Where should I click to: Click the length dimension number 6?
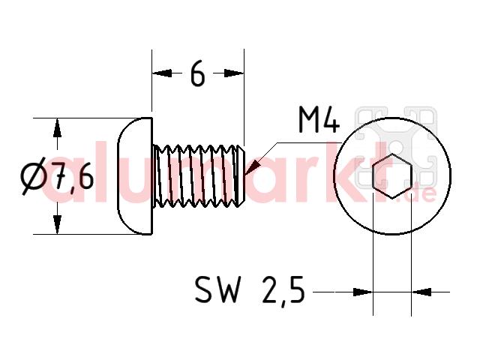197,73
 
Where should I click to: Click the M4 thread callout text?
319,119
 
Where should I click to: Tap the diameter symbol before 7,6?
33,176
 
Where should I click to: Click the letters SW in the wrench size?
217,289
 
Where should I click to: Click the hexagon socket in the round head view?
392,176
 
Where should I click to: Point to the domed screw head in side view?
135,176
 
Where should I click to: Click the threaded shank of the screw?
198,176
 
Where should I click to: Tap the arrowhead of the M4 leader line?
253,169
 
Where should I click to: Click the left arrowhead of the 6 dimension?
162,73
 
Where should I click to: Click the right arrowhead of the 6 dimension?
234,73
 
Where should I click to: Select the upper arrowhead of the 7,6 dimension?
57,127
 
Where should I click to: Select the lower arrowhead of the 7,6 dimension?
57,224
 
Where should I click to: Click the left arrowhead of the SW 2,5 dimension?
363,292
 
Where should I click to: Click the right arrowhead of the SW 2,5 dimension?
421,292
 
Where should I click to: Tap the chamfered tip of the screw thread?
241,176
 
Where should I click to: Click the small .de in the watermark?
421,193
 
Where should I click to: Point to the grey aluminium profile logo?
396,147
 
